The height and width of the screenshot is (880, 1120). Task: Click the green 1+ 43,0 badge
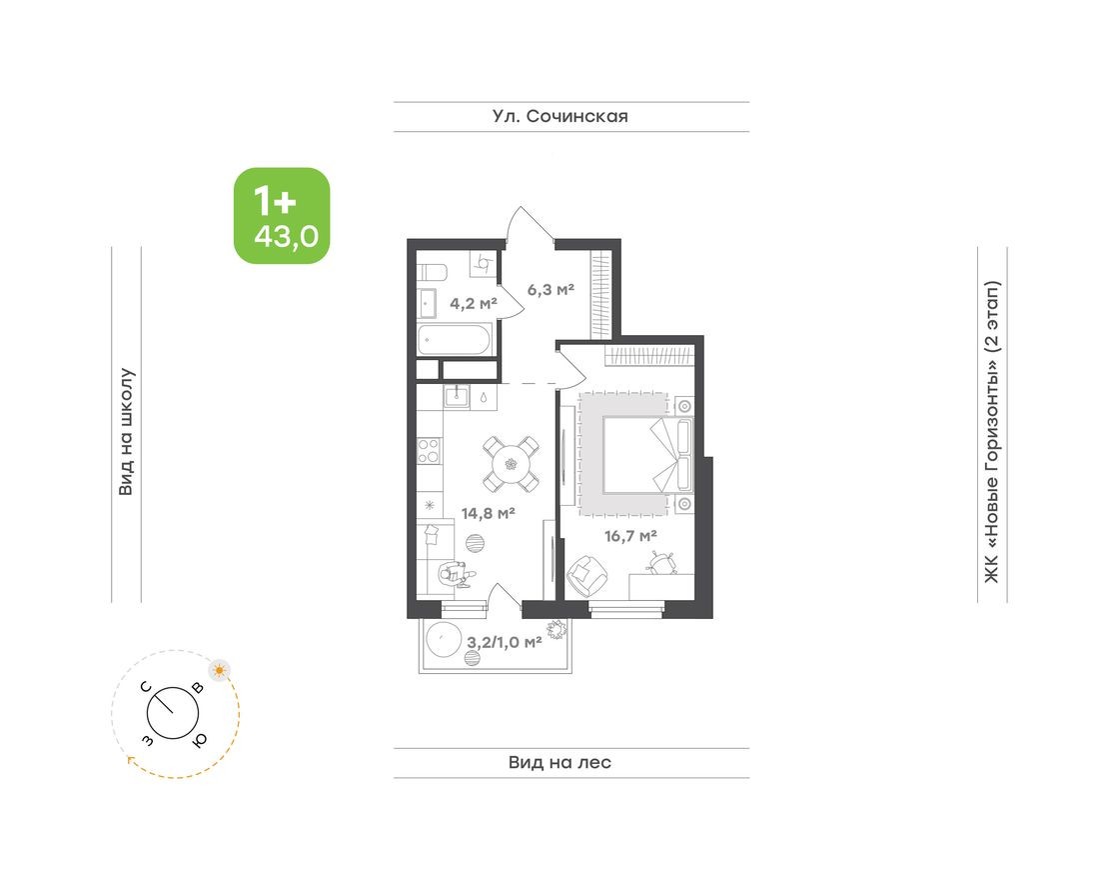(x=282, y=216)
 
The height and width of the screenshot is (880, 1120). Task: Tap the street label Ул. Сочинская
(x=560, y=117)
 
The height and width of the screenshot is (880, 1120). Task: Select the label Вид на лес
(x=560, y=763)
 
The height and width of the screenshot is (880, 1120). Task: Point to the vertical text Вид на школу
(x=127, y=432)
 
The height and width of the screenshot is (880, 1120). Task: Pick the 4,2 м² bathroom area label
(x=473, y=303)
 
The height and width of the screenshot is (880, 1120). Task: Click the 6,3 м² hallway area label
(x=551, y=290)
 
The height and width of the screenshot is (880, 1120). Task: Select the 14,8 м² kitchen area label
(x=488, y=514)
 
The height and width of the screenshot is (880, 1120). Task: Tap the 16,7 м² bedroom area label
(x=629, y=535)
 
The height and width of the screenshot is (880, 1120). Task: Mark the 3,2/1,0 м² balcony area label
(x=505, y=642)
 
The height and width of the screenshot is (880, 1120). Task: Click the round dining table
(x=512, y=463)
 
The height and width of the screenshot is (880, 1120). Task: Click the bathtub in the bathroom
(x=455, y=342)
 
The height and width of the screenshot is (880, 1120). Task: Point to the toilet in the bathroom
(x=483, y=262)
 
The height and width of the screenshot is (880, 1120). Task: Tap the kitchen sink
(x=457, y=396)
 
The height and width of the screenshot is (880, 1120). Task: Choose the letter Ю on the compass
(x=200, y=739)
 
